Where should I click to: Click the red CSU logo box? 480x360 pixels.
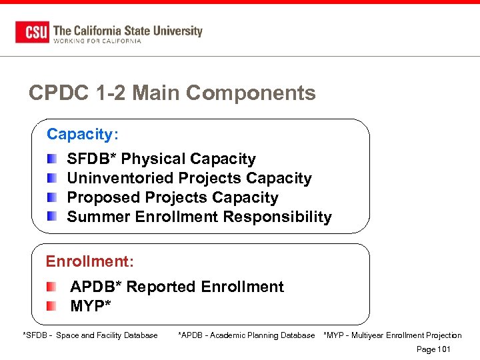point(32,32)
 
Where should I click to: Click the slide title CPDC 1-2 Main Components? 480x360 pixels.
point(172,93)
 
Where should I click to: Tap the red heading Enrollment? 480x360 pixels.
point(89,261)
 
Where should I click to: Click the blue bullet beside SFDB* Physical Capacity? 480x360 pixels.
point(53,159)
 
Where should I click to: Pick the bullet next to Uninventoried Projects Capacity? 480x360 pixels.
point(53,178)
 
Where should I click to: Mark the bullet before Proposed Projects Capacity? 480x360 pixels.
point(53,197)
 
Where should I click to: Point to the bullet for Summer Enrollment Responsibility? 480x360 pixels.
point(53,217)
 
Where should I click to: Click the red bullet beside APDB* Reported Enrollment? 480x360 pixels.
point(52,287)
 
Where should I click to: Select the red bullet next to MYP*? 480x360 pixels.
point(52,306)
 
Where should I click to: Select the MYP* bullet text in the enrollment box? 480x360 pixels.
point(91,306)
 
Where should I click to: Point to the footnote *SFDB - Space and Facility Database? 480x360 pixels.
point(90,335)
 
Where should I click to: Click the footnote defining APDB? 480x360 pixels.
point(246,335)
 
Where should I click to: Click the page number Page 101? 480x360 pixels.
point(433,349)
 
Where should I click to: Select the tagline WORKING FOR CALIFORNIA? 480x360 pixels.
point(97,41)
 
